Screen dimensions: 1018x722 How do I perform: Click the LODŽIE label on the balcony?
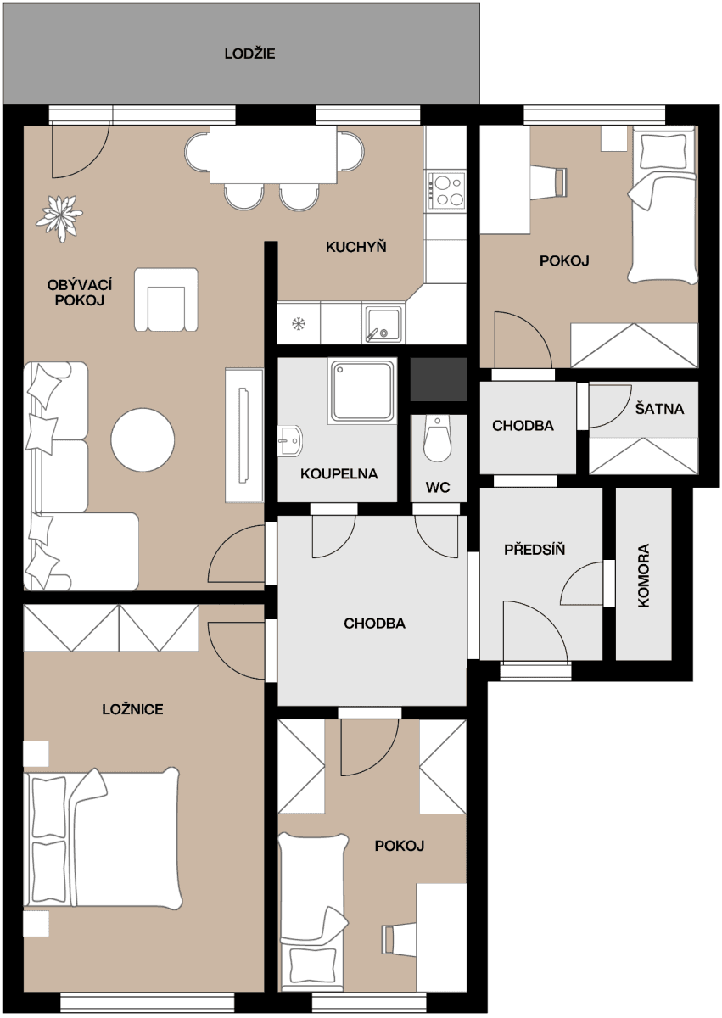click(x=249, y=54)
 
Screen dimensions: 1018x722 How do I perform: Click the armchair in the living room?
click(x=166, y=300)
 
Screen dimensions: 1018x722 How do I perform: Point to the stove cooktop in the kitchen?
click(x=446, y=191)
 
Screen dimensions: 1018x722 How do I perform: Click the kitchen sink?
click(x=383, y=323)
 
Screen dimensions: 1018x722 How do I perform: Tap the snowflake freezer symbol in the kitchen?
click(x=299, y=323)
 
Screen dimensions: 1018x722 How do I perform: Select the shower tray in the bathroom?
click(x=363, y=390)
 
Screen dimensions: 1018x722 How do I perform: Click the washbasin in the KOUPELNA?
click(x=289, y=439)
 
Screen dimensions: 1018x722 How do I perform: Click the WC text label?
click(x=438, y=488)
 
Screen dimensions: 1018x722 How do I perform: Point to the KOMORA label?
click(x=643, y=575)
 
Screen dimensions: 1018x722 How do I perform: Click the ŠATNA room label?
click(x=659, y=409)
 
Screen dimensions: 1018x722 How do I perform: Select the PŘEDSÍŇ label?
click(x=535, y=550)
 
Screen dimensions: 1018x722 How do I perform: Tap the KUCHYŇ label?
click(x=355, y=247)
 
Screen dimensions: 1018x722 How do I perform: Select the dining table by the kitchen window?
click(x=273, y=154)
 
